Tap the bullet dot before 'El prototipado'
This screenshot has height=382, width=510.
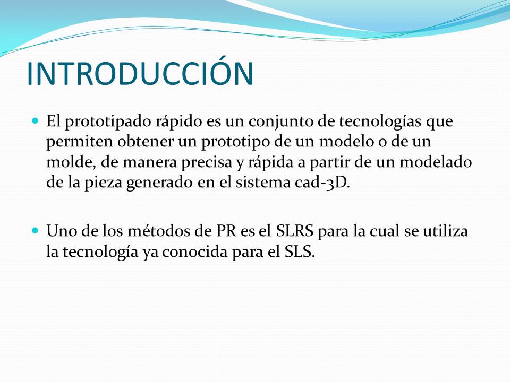(x=36, y=121)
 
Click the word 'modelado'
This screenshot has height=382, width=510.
(x=436, y=162)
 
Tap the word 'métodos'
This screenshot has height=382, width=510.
(x=159, y=231)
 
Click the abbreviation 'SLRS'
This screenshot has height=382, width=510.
(x=294, y=231)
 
